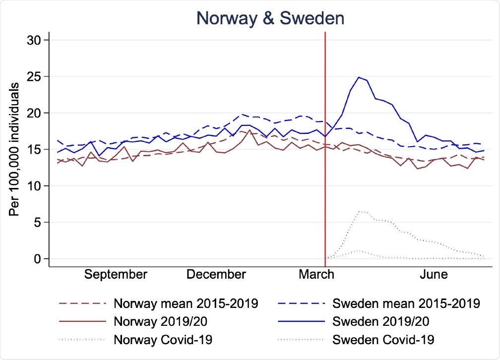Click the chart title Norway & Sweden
(270, 18)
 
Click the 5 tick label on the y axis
(40, 223)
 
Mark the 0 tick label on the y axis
(40, 259)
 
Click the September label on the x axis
(116, 275)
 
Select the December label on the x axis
(216, 275)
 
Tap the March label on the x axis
(316, 275)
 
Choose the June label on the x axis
(434, 275)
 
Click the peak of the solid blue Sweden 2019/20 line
(359, 77)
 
